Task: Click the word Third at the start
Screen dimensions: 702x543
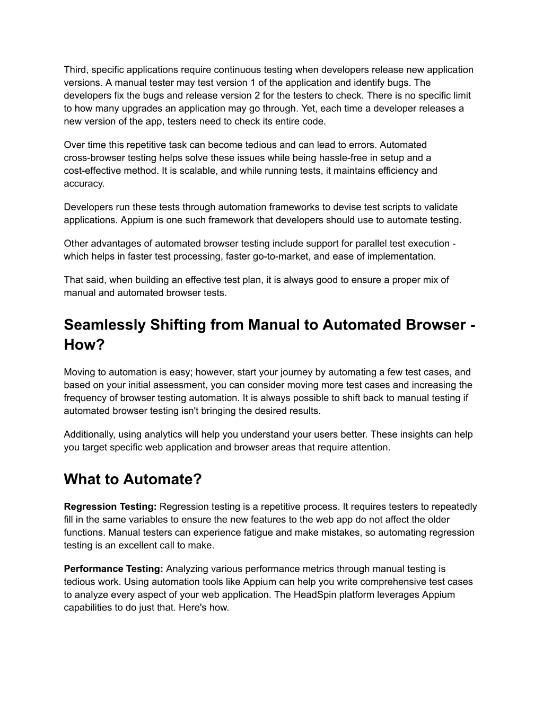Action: (x=75, y=70)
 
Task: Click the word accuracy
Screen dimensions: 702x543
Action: (x=84, y=183)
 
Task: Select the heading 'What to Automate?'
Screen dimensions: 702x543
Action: (x=133, y=479)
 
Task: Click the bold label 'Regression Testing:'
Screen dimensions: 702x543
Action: (x=110, y=507)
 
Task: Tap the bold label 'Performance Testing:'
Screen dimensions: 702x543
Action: (x=113, y=569)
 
